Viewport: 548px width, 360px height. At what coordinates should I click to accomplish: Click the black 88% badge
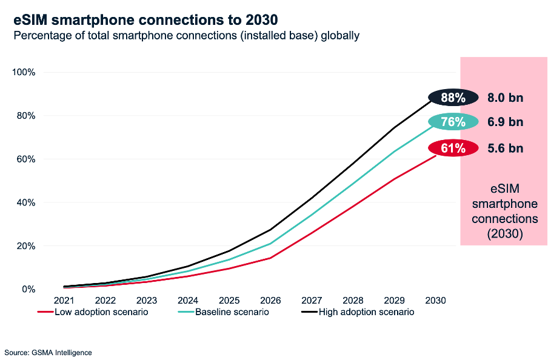tap(453, 98)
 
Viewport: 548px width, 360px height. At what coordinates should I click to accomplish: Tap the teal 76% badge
tap(453, 122)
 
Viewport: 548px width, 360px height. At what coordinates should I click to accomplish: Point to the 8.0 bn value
tap(505, 98)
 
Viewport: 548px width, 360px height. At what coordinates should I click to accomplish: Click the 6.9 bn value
tap(505, 122)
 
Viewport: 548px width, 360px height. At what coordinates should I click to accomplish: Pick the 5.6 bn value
tap(505, 148)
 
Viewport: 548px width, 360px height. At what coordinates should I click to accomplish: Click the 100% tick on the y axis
tap(24, 72)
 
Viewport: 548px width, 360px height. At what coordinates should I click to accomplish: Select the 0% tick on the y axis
tap(28, 289)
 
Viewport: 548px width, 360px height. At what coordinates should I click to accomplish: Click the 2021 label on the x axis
tap(64, 301)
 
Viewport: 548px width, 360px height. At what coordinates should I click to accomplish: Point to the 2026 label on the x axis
tap(270, 301)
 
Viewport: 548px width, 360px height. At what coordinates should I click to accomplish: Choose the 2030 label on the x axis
tap(435, 301)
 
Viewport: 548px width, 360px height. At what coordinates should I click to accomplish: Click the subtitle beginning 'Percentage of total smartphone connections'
tap(187, 36)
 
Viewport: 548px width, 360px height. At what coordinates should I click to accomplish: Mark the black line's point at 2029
tap(394, 127)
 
